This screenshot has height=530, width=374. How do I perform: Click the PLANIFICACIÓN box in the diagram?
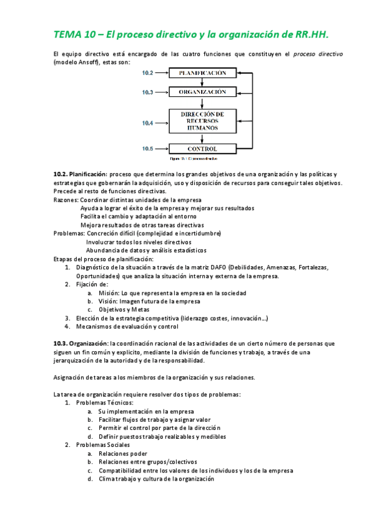[202, 73]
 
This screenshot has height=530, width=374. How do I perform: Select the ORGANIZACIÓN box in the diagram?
[202, 92]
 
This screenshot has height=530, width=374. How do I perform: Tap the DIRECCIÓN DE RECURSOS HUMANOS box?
[202, 121]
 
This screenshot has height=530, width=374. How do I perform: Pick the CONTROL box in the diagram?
[202, 149]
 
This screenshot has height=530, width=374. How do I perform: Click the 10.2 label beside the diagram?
[147, 73]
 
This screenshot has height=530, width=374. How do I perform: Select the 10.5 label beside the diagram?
[147, 149]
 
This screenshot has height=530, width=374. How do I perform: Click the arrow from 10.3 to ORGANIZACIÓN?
[162, 92]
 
